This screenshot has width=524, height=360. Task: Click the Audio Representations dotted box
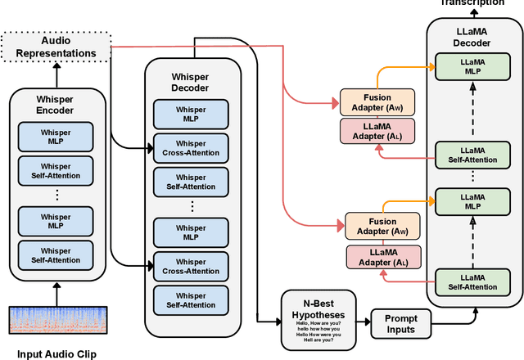tap(56, 46)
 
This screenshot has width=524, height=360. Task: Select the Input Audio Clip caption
tap(56, 353)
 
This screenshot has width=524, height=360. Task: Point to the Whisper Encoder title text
tap(56, 105)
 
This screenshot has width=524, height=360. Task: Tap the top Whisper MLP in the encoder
tap(56, 136)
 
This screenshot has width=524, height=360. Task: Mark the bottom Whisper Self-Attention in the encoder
tap(56, 256)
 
